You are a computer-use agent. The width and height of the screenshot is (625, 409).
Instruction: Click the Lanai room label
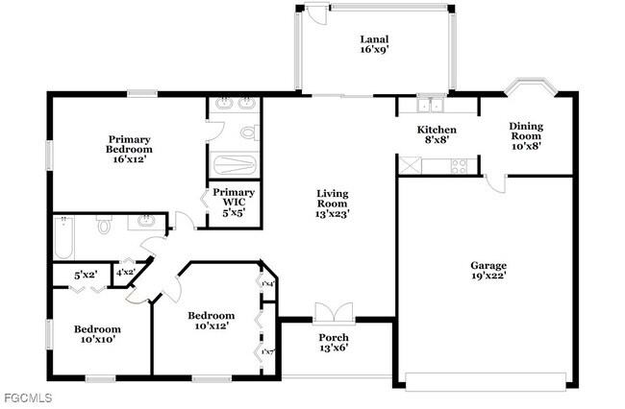[x=373, y=44]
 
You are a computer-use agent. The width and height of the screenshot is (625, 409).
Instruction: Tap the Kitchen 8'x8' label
[x=436, y=134]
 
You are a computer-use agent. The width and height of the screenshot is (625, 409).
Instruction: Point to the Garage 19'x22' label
[x=488, y=271]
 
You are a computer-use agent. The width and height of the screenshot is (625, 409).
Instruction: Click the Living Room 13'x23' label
[x=333, y=204]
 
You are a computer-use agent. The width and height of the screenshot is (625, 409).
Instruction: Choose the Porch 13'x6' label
[x=333, y=343]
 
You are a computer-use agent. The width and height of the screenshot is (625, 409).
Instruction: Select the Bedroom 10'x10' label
[x=97, y=335]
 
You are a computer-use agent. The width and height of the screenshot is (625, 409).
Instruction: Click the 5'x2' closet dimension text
[x=86, y=276]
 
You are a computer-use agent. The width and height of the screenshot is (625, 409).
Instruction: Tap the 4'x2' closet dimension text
[x=125, y=274]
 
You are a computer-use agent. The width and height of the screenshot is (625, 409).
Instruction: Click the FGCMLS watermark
[x=27, y=397]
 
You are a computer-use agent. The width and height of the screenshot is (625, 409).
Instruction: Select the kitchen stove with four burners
[x=459, y=166]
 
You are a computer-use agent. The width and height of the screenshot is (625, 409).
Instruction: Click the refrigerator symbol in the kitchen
[x=409, y=165]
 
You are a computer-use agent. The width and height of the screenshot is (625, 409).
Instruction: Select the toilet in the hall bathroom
[x=103, y=226]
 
